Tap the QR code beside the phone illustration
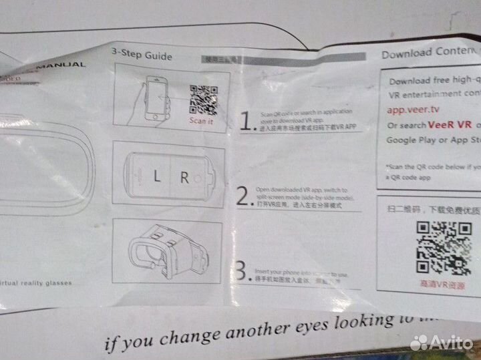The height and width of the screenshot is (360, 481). [x=204, y=100]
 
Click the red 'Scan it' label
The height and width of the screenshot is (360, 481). [x=202, y=121]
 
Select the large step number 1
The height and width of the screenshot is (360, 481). [x=247, y=120]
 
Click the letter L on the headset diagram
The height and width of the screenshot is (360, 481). [x=157, y=178]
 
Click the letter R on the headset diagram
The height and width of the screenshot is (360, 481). [x=184, y=178]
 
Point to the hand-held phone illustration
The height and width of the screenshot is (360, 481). [x=156, y=100]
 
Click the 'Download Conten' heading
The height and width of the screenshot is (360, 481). [x=428, y=53]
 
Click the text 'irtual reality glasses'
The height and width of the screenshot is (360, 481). [x=37, y=283]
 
